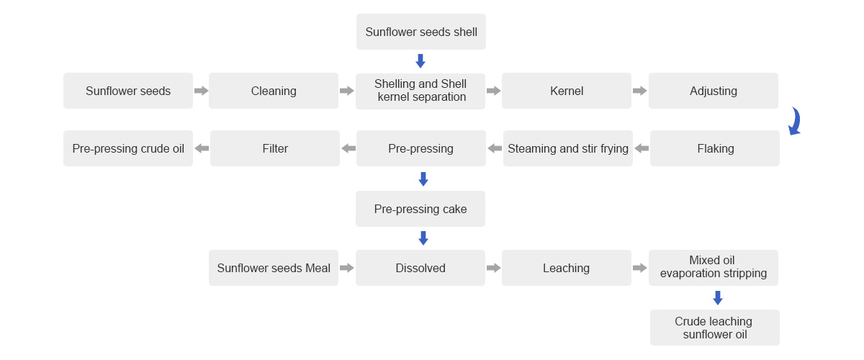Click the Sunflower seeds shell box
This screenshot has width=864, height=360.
click(x=421, y=32)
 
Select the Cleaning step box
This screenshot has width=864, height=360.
click(x=274, y=91)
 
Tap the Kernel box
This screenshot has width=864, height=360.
click(x=567, y=91)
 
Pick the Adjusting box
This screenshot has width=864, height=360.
click(x=714, y=91)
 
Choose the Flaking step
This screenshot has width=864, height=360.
click(x=715, y=148)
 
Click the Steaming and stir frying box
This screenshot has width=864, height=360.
click(x=568, y=148)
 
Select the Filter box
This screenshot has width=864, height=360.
click(x=275, y=148)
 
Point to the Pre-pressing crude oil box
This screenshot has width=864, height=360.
click(x=128, y=148)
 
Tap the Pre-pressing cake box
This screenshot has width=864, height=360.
click(x=420, y=209)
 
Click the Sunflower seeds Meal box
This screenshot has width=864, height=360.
click(x=274, y=268)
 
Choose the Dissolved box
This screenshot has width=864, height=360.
click(x=420, y=268)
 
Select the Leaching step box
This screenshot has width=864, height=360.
click(x=567, y=268)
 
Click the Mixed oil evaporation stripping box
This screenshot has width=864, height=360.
click(x=714, y=268)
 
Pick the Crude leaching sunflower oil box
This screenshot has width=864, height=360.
click(x=715, y=328)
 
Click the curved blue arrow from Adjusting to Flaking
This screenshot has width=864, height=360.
click(x=795, y=122)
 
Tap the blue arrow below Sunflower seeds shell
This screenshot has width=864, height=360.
click(x=420, y=61)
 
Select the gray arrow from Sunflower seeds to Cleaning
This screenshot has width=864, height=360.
click(x=202, y=91)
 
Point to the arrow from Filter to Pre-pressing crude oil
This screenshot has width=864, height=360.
click(x=202, y=148)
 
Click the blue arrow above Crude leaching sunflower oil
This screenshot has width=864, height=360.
click(x=718, y=298)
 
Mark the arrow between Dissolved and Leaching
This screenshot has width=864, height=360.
click(x=494, y=268)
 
